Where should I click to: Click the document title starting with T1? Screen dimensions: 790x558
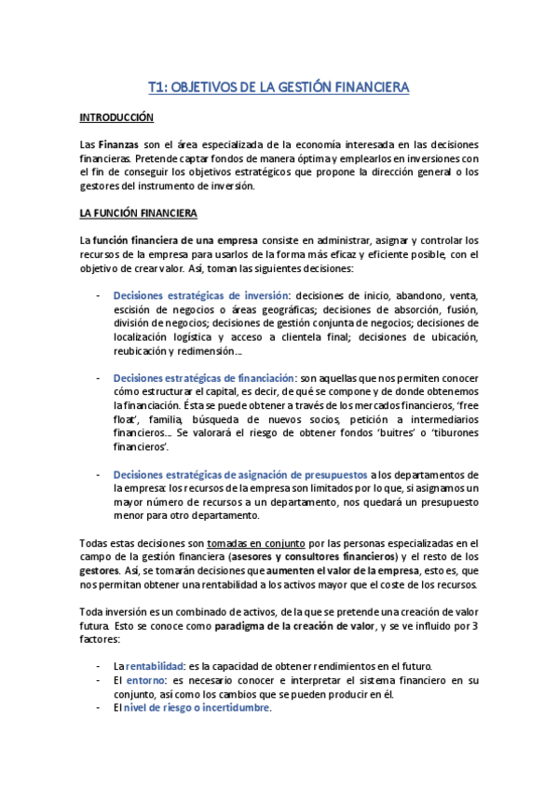coord(279,88)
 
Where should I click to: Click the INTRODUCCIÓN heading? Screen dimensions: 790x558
coord(116,118)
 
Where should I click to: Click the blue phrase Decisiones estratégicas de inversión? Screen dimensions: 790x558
coord(201,295)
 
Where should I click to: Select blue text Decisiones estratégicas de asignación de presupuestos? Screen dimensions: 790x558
coord(240,474)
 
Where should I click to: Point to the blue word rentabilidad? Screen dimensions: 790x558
coord(156,666)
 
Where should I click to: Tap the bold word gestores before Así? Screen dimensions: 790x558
coord(100,569)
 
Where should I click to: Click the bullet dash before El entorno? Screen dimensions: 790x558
coord(100,680)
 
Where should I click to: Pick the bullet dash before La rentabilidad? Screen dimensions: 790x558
coord(100,666)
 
